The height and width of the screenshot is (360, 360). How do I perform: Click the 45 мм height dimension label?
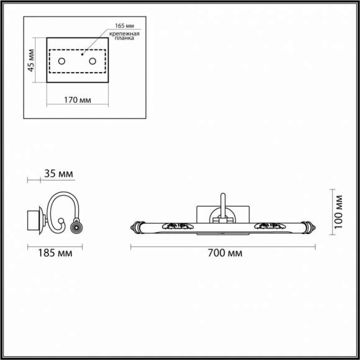(32, 60)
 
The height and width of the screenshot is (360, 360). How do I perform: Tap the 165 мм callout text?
(124, 25)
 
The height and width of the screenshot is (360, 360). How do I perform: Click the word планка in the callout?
(124, 39)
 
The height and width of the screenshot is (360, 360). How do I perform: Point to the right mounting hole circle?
(93, 60)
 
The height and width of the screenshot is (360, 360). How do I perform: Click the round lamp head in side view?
(76, 228)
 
